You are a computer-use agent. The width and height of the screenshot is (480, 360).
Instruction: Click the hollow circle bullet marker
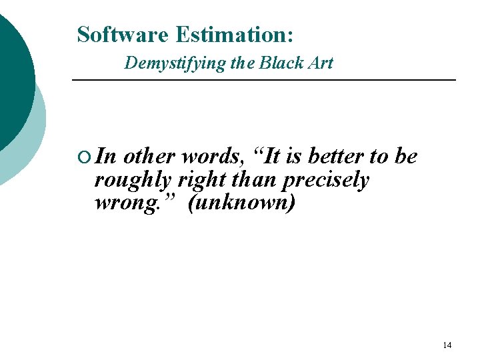coord(83,157)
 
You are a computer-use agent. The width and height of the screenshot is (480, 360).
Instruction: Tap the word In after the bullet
coord(106,157)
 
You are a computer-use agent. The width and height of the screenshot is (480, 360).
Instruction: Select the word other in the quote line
coord(150,157)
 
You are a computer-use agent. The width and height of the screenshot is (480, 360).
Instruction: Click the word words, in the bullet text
coord(213,157)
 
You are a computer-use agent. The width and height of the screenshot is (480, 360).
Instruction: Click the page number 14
coord(447,345)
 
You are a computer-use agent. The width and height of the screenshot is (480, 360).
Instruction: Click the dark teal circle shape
coord(12,73)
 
